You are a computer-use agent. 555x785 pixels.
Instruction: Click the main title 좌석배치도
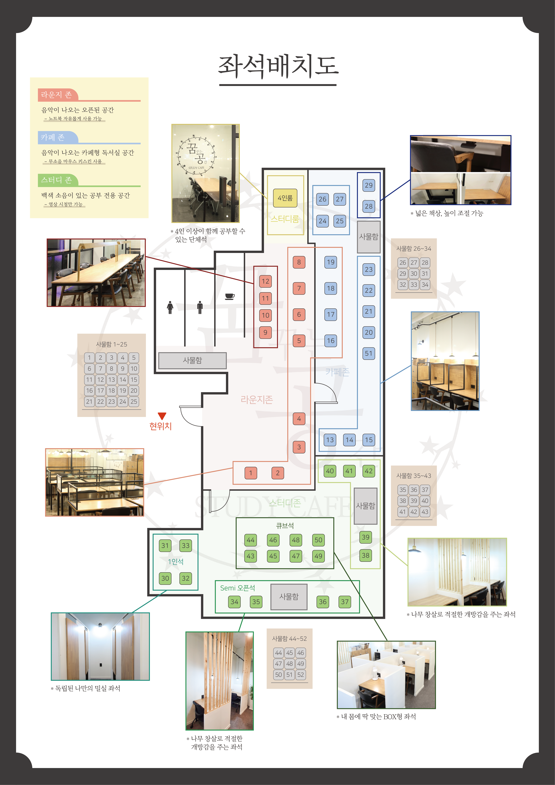coord(278,66)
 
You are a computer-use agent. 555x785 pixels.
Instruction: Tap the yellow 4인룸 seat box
coord(285,198)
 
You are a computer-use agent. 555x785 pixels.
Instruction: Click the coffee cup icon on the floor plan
coord(230,296)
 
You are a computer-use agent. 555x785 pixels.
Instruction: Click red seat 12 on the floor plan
coord(265,281)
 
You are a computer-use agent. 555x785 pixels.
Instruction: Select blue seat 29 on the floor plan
coord(368,185)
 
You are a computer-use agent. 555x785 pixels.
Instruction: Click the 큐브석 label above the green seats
coord(285,526)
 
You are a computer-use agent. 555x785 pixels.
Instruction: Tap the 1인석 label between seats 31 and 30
coord(176,562)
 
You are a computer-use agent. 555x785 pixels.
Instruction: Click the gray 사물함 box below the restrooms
coord(192,360)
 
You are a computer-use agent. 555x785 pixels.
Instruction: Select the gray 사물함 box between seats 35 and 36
coord(289,597)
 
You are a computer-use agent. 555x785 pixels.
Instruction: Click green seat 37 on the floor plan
coord(345,602)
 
